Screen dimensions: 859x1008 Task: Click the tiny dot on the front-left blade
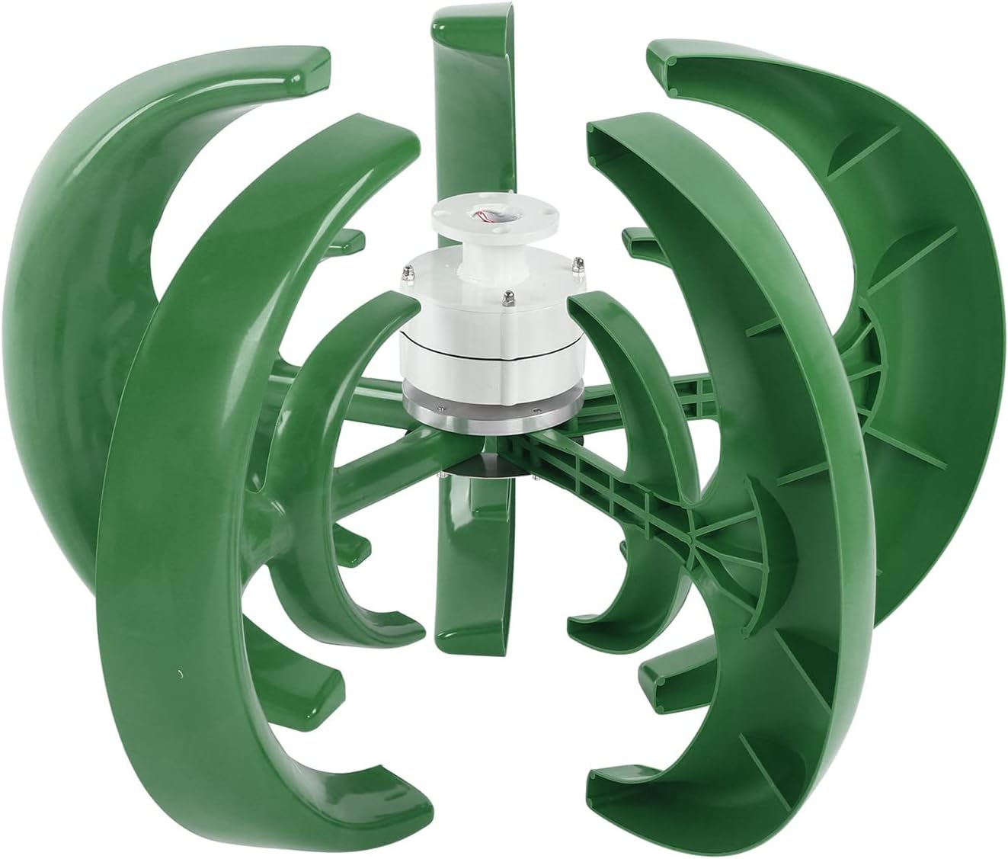(179, 673)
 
